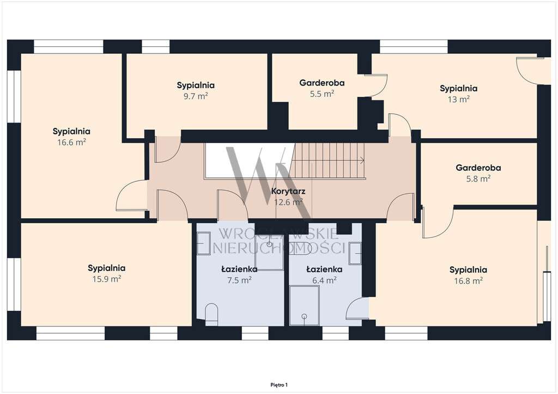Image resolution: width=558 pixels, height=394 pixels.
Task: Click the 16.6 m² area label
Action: [71, 143]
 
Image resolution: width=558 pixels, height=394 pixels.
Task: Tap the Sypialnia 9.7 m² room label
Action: [196, 90]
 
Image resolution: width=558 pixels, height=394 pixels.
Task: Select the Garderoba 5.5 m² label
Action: [322, 88]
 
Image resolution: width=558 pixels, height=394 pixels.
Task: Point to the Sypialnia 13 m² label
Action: [458, 94]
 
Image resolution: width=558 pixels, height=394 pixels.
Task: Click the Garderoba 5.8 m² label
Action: [478, 173]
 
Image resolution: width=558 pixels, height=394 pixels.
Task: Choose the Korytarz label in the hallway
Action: [288, 191]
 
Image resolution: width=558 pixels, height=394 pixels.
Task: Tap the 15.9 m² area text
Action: [107, 279]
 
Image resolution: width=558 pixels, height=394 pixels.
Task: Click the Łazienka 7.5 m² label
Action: [239, 275]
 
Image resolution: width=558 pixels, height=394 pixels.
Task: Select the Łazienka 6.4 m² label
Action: [324, 275]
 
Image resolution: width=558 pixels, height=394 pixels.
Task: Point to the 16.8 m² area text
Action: [468, 281]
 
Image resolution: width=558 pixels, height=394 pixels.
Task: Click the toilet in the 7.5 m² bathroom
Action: [212, 314]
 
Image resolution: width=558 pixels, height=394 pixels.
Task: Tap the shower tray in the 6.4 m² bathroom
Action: [304, 305]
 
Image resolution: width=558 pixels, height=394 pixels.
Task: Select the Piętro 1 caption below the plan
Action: [279, 385]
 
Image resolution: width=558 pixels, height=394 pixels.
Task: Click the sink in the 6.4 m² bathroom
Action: [355, 253]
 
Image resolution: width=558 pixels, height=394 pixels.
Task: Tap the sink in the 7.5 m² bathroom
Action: [204, 243]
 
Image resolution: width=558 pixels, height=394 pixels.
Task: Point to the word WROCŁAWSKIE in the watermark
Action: [278, 234]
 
